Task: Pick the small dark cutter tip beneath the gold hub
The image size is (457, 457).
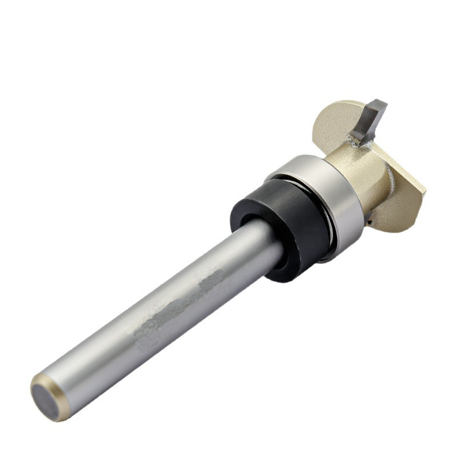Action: tap(370, 215)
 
